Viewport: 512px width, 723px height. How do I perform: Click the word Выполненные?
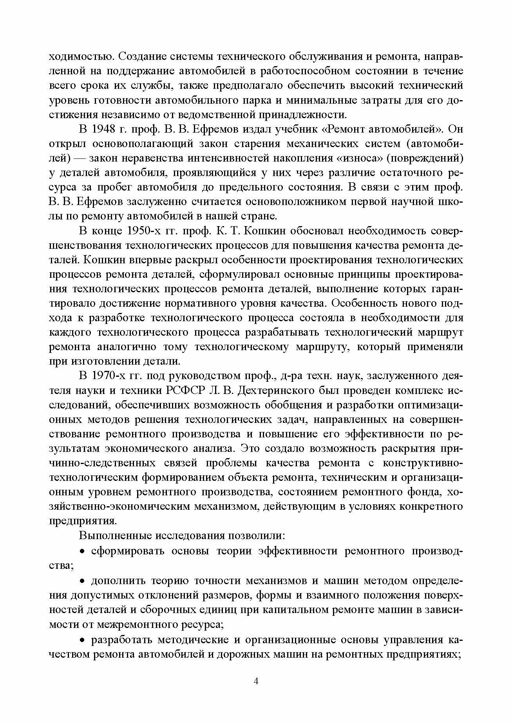pyautogui.click(x=115, y=536)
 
